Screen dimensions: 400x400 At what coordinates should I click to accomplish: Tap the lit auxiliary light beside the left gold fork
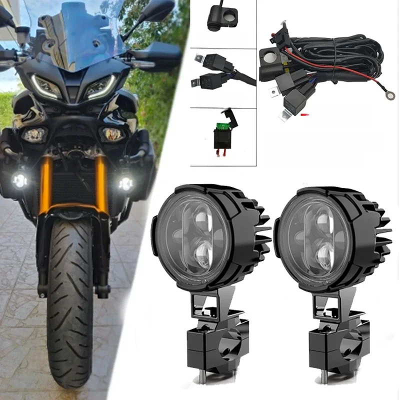coord(20,180)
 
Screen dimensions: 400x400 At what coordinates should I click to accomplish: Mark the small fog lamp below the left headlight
coord(33,134)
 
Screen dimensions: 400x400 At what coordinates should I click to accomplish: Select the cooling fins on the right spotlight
coord(375,235)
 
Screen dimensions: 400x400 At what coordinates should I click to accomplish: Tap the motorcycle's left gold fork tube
coord(46,180)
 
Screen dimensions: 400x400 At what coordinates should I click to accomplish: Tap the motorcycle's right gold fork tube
coord(101,180)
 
